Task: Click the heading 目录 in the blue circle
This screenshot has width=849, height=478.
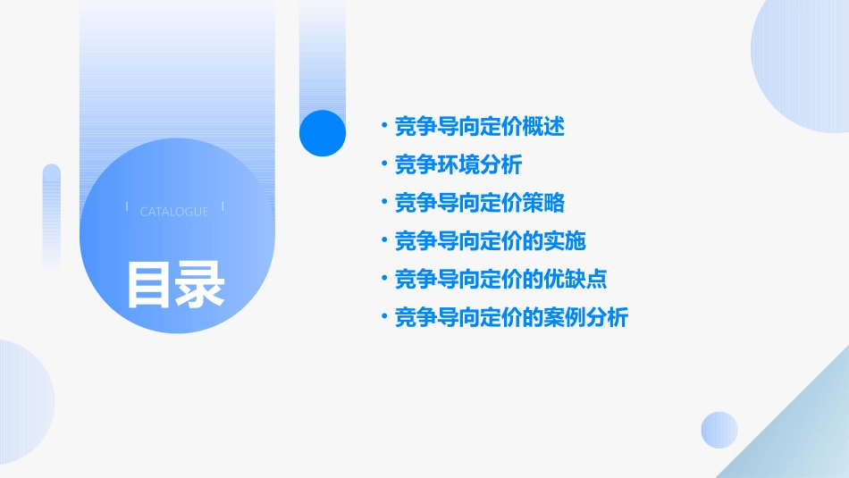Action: (175, 284)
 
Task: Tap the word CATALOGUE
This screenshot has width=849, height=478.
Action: (174, 212)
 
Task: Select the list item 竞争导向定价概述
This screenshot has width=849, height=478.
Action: (480, 127)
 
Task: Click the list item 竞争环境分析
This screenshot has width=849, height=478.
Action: (458, 165)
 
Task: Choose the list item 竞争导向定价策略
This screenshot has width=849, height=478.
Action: (480, 203)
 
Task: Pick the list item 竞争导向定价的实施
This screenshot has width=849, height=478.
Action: (491, 241)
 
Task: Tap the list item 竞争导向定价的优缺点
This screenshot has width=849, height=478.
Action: (501, 279)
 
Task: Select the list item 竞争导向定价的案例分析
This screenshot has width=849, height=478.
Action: (512, 317)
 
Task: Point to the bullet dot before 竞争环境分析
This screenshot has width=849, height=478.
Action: (382, 165)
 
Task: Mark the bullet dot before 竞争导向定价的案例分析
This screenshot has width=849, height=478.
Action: (382, 317)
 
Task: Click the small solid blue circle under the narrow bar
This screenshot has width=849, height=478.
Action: (323, 132)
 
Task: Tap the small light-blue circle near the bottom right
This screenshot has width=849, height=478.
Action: (719, 430)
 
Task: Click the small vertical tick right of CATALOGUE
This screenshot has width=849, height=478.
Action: (223, 207)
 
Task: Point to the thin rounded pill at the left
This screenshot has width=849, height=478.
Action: (52, 214)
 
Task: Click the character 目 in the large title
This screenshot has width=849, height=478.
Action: (148, 284)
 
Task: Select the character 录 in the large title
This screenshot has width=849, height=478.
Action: (200, 284)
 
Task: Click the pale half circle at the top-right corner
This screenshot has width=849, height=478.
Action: (804, 63)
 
